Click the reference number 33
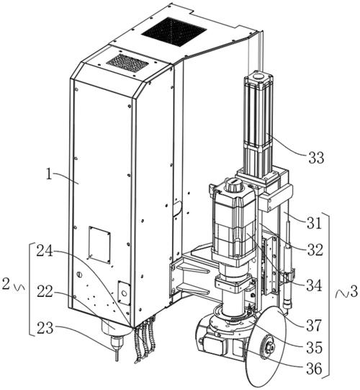(316, 157)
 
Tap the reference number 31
(314, 223)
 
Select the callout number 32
(315, 249)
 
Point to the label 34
(314, 285)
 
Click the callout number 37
(314, 325)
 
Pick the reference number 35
(315, 347)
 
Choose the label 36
(315, 368)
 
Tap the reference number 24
(45, 251)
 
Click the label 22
(45, 291)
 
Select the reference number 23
(45, 328)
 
